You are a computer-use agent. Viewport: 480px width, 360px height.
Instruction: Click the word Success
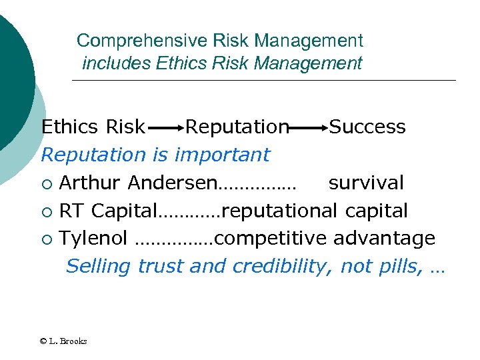click(367, 127)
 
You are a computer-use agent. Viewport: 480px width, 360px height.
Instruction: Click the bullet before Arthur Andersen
click(46, 183)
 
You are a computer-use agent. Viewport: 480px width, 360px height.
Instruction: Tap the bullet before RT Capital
click(46, 211)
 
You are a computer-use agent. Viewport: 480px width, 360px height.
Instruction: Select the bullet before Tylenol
click(46, 239)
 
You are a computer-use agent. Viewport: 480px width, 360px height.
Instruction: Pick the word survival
click(366, 183)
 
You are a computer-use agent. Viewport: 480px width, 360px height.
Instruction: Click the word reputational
click(280, 211)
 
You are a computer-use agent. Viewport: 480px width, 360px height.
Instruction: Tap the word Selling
click(99, 267)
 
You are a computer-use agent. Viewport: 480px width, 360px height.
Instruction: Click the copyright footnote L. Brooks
click(63, 341)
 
